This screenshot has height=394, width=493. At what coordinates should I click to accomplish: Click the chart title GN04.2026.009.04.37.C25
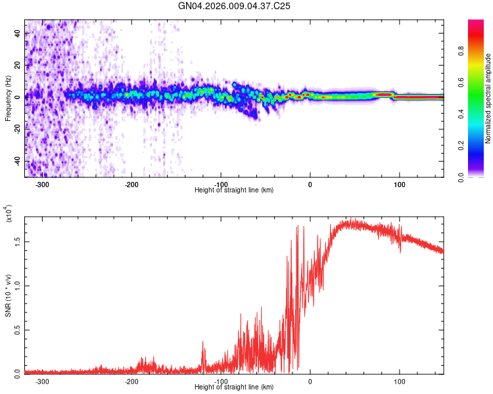click(x=234, y=6)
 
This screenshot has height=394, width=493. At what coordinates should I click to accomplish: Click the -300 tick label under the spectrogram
click(x=42, y=185)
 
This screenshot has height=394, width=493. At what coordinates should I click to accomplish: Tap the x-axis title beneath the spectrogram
click(x=234, y=190)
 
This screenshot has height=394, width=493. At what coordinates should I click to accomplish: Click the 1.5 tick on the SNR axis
click(x=16, y=242)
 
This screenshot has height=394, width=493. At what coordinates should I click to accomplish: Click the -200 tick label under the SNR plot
click(x=131, y=382)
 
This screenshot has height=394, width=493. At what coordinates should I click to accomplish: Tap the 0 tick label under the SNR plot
click(x=310, y=382)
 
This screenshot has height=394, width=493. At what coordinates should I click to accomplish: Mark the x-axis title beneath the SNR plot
click(x=234, y=387)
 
